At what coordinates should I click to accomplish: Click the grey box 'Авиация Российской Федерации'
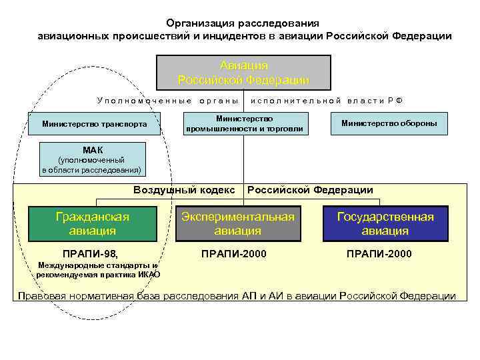(x=243, y=73)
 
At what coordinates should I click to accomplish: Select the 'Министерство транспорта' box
(x=94, y=123)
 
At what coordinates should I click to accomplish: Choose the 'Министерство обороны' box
(x=389, y=123)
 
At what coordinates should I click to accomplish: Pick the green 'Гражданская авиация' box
(x=92, y=224)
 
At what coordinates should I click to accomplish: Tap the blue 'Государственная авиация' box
(x=385, y=224)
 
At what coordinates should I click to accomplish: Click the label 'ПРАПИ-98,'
(x=89, y=254)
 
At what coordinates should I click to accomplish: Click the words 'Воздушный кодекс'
(x=184, y=190)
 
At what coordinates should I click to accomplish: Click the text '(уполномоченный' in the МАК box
(x=91, y=161)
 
